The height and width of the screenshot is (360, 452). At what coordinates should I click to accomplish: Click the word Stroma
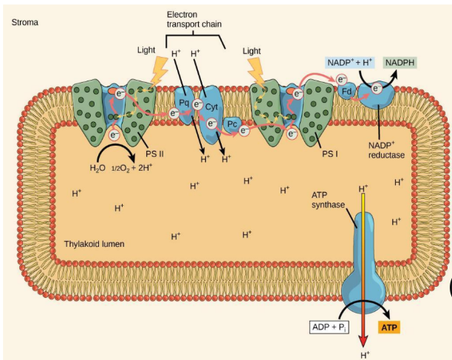coord(25,22)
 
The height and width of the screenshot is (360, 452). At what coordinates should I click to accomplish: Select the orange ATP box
coord(388,327)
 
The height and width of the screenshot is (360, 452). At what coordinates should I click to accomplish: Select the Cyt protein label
coord(211,106)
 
